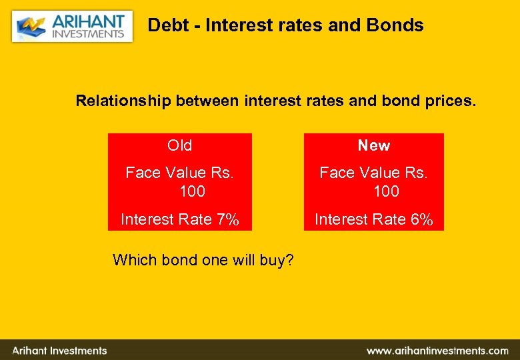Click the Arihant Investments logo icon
30,27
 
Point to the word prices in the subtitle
450,101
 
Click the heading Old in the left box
180,145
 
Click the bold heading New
373,145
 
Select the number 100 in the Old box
192,192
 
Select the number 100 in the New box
386,192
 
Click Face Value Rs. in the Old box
180,173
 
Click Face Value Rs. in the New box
373,173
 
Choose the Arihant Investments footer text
59,350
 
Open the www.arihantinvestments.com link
437,350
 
